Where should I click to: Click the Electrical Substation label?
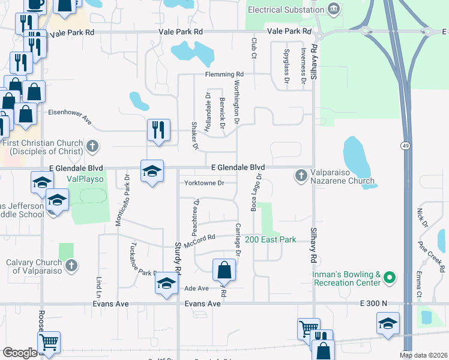click(286, 10)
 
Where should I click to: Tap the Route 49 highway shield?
click(406, 146)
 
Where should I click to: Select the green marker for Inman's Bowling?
click(389, 278)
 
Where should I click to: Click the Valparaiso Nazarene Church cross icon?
click(301, 176)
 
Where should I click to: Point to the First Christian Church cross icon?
click(92, 145)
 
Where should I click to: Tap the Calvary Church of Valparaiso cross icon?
click(71, 265)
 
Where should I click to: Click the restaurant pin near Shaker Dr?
click(158, 131)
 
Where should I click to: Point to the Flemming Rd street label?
click(218, 74)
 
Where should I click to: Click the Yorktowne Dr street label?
click(204, 182)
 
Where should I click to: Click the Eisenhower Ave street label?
click(70, 115)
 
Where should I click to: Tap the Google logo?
click(19, 353)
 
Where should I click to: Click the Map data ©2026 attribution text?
click(424, 355)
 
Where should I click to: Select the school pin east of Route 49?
click(388, 323)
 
